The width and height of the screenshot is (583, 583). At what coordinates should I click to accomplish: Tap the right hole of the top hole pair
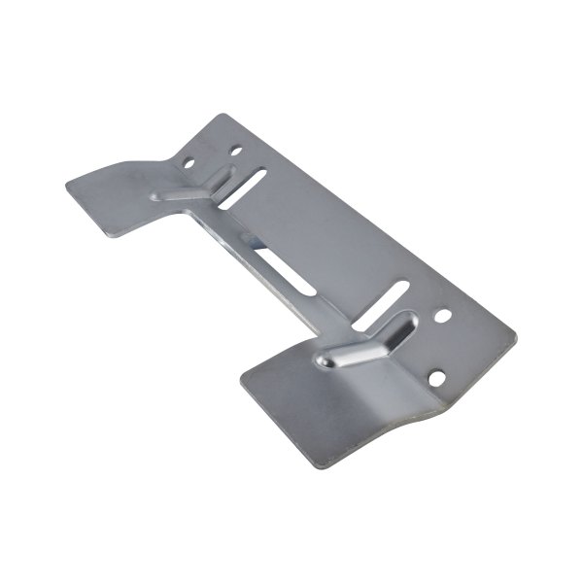point(234,151)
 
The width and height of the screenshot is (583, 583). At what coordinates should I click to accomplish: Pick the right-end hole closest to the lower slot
point(443,317)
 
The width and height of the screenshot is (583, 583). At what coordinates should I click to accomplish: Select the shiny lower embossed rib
point(358,346)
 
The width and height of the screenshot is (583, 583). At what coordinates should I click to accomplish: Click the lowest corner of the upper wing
point(115,238)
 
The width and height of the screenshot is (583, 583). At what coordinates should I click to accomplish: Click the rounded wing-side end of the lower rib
point(325,362)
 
